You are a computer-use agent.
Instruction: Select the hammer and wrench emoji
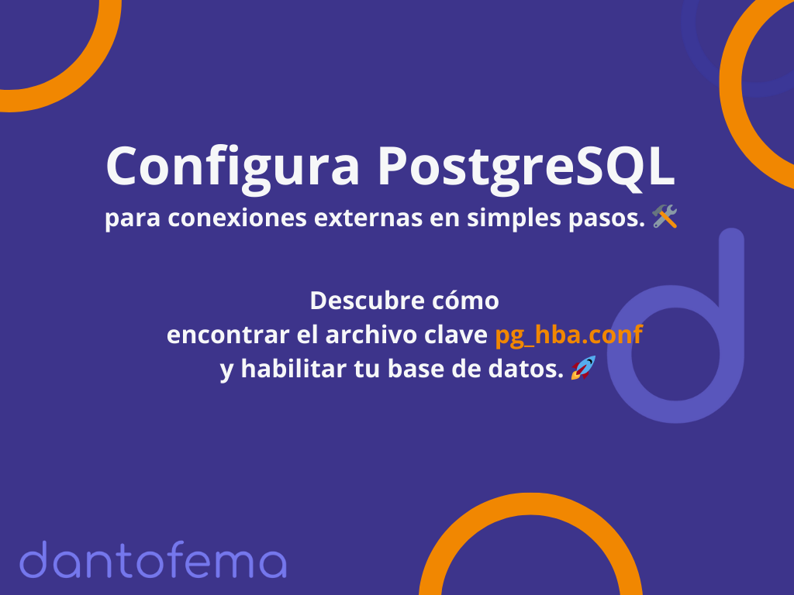click(x=665, y=217)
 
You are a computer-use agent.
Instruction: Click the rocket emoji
click(x=583, y=367)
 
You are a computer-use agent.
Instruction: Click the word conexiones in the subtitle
click(x=237, y=218)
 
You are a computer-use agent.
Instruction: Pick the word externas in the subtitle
click(x=368, y=218)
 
